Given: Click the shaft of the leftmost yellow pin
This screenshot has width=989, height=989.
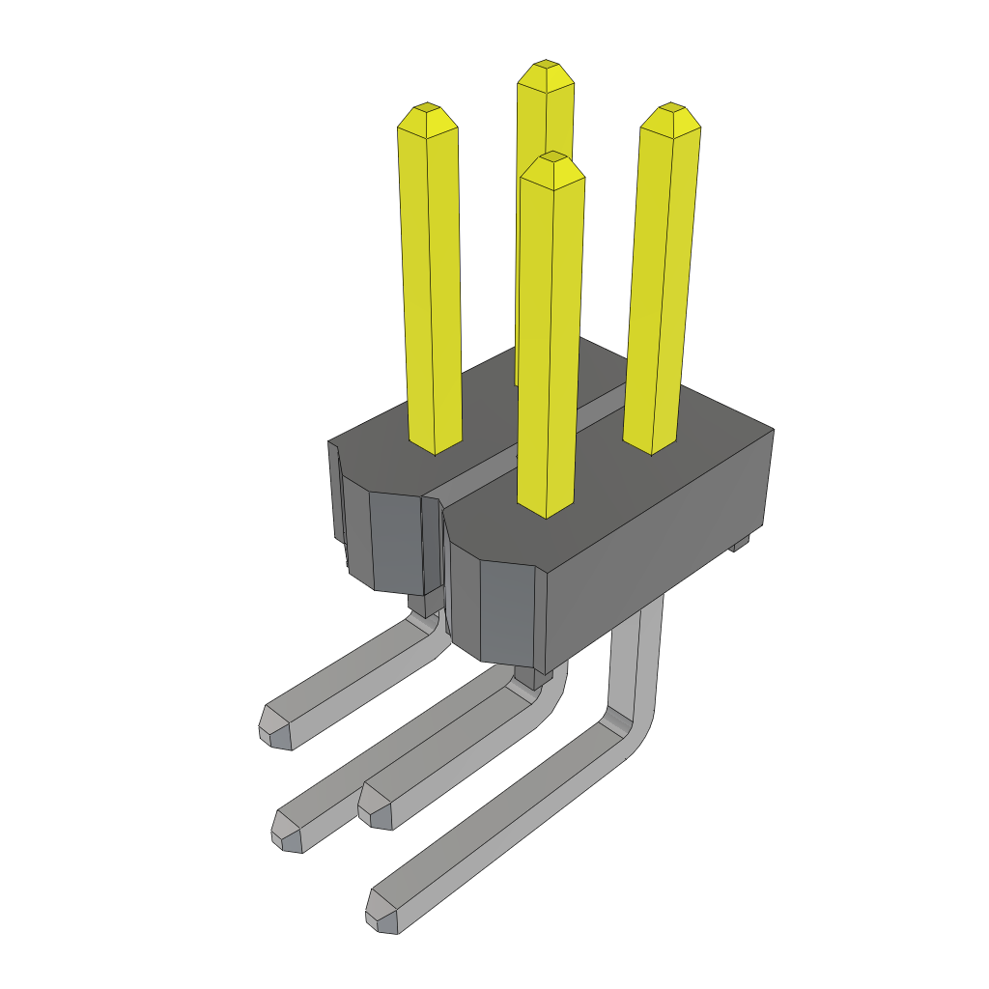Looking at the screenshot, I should click(x=430, y=290).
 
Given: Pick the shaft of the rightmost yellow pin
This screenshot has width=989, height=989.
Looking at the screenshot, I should click(x=663, y=290).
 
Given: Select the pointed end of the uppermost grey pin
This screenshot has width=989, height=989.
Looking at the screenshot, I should click(x=275, y=730).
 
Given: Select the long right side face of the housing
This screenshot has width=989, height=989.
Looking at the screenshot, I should click(x=666, y=551).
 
